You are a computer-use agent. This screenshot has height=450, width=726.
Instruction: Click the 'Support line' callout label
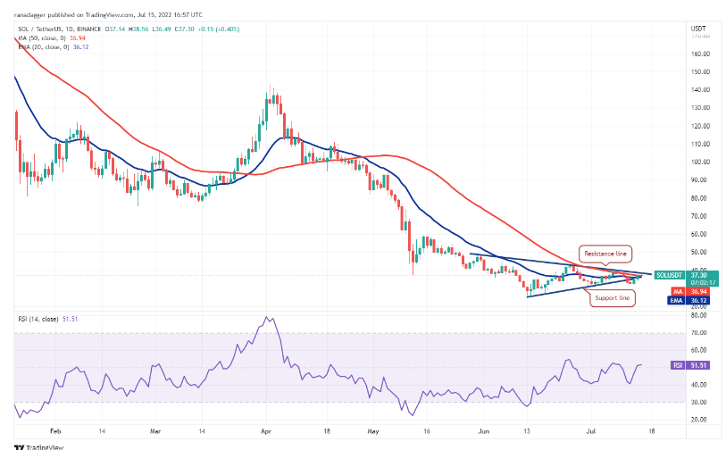(x=612, y=297)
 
